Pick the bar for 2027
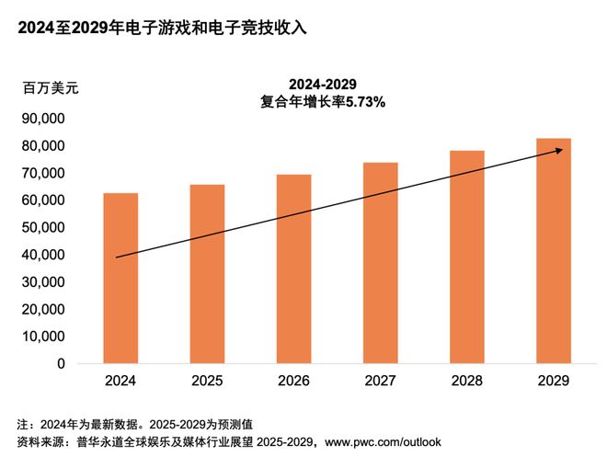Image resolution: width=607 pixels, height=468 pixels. (380, 263)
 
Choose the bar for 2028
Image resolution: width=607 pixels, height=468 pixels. (466, 257)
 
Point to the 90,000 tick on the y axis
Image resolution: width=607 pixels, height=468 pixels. (41, 119)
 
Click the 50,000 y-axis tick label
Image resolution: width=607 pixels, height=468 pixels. (41, 227)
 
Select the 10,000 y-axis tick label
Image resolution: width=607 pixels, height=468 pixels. (41, 337)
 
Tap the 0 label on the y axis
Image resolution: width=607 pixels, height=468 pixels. (60, 363)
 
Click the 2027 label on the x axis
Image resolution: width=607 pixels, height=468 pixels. (380, 381)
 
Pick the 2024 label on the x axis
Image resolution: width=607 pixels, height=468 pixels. (120, 381)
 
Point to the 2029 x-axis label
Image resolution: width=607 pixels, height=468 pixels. (553, 381)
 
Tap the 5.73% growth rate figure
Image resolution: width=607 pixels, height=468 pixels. (365, 103)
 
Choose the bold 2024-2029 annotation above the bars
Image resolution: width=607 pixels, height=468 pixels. (322, 85)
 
